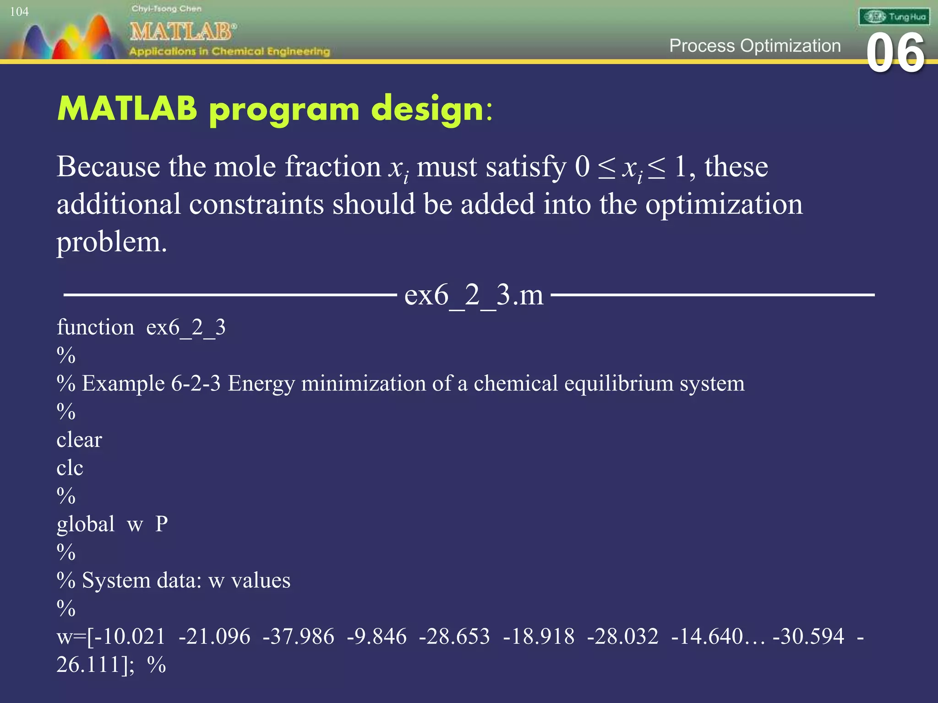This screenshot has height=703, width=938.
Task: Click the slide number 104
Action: (x=19, y=12)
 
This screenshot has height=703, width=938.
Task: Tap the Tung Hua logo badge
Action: (x=894, y=17)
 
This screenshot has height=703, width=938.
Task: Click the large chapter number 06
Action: (x=895, y=54)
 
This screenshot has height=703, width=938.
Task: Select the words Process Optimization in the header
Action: (x=755, y=46)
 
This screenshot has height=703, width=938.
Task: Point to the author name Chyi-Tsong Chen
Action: (x=166, y=9)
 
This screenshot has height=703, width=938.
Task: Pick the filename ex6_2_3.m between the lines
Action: (x=474, y=295)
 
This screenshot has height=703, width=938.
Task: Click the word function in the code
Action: (x=95, y=328)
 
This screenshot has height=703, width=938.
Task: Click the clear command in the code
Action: (x=79, y=440)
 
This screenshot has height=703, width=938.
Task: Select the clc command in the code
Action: (x=70, y=468)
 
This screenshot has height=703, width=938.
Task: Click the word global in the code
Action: (x=86, y=525)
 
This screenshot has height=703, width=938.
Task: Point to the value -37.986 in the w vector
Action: (x=298, y=637)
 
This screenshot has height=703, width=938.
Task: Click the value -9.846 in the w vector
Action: (x=376, y=637)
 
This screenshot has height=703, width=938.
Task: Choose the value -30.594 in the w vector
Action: (x=808, y=637)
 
